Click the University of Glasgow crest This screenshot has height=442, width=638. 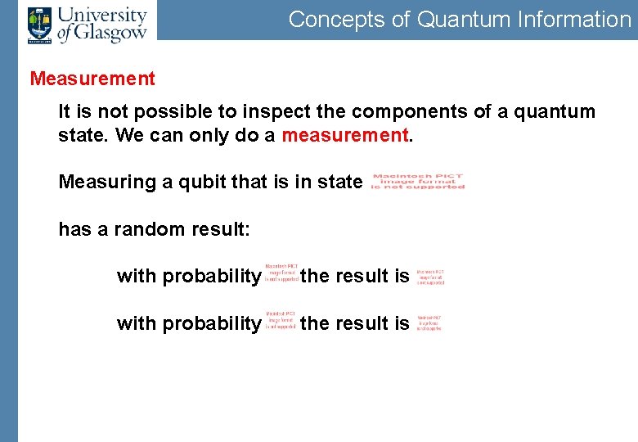pos(39,23)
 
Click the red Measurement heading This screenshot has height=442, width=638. pos(92,79)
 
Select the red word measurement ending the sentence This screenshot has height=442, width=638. pos(344,134)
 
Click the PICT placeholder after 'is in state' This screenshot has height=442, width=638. pos(418,181)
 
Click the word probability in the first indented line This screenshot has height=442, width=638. pos(211,277)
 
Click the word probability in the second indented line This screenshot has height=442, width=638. pos(211,324)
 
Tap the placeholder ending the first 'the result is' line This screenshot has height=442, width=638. pos(430,277)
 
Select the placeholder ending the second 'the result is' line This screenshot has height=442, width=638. pos(429,322)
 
